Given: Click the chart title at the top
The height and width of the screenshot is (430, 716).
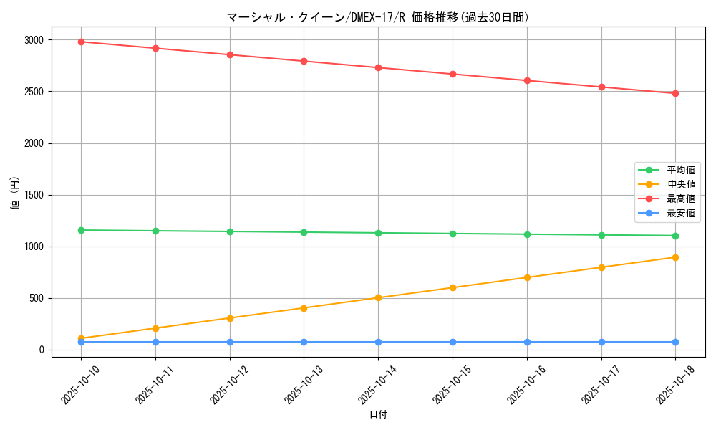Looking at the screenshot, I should (378, 17).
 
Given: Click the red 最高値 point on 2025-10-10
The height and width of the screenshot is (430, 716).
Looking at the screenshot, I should (81, 42).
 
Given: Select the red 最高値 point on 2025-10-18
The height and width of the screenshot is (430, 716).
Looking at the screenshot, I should (675, 93).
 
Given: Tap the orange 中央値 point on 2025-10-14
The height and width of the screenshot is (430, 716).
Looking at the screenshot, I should (378, 297).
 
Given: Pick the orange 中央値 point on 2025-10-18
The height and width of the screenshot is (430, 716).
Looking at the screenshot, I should (675, 257).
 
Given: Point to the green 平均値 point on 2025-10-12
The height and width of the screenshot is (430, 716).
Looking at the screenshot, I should (230, 231).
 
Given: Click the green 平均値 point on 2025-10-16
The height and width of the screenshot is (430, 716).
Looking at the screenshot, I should (527, 234).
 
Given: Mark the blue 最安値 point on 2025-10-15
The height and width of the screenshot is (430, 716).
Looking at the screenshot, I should (453, 342).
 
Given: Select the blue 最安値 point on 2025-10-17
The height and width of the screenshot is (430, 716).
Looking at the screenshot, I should (601, 342).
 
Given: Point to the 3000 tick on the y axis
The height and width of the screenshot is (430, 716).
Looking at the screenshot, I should (34, 40).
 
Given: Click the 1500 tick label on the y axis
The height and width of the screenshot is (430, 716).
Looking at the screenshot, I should (34, 195).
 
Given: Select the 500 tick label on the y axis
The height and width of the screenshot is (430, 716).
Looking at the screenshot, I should (37, 298).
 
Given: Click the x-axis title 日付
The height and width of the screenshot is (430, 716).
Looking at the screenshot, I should (378, 415).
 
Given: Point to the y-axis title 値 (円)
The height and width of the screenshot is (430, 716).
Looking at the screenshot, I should (15, 194).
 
